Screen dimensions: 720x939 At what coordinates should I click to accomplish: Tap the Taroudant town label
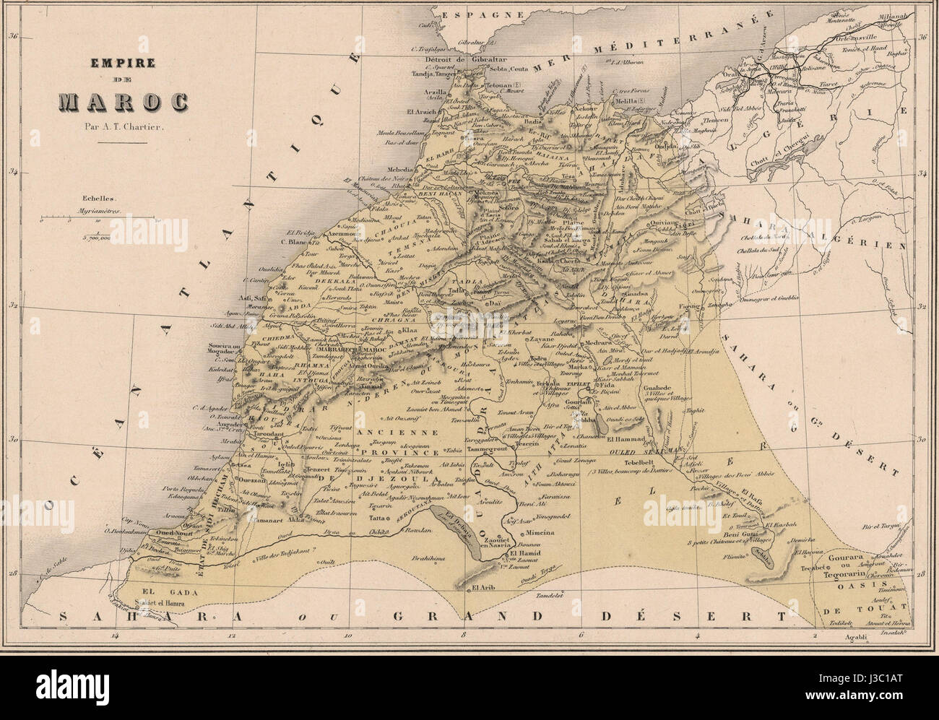(x=267, y=426)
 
